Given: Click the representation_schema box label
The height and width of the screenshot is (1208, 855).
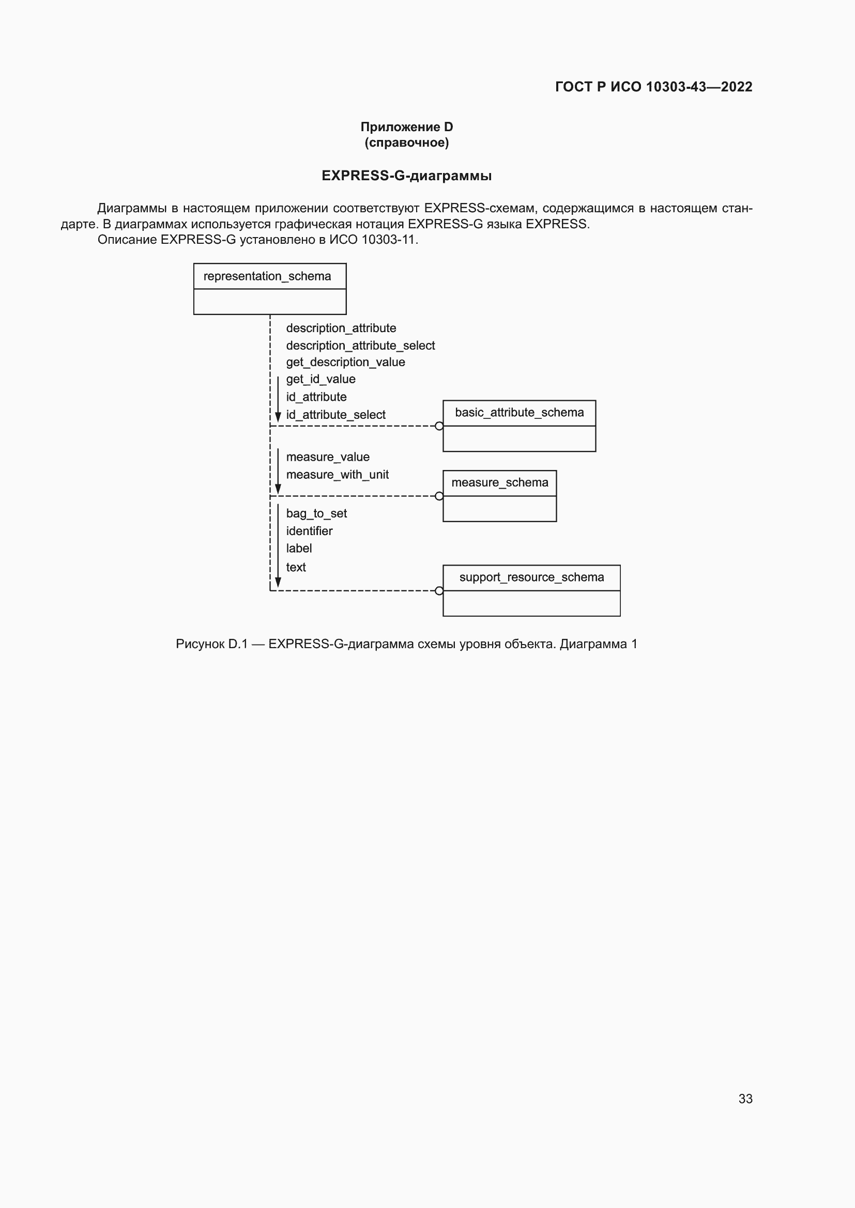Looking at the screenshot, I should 267,276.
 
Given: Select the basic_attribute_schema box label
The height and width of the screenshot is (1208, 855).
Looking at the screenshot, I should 519,413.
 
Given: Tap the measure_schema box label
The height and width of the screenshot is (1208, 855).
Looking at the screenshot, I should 500,482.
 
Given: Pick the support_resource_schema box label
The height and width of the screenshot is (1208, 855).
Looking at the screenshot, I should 531,577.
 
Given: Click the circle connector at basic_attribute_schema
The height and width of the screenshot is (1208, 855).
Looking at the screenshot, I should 439,426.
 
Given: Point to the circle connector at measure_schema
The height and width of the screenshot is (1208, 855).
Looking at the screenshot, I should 439,496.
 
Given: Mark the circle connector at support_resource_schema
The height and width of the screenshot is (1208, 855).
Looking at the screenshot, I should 439,591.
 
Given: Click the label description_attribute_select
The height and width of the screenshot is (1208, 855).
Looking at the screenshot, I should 360,346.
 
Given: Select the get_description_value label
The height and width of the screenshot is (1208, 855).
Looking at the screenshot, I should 345,362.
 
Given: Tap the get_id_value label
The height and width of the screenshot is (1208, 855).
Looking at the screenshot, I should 320,380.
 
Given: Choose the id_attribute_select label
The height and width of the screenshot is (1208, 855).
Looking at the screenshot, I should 336,415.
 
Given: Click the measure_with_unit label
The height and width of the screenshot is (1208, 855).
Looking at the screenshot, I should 337,475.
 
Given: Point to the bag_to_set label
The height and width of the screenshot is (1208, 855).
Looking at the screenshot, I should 316,513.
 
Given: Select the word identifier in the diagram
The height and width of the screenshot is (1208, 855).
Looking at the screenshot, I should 309,531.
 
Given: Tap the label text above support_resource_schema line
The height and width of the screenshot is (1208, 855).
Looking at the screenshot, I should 296,567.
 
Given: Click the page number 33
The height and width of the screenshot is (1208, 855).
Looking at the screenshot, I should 745,1099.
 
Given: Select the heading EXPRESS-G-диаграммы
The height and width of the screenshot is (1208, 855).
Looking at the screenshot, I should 406,176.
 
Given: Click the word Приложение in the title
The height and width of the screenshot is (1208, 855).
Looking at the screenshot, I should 400,127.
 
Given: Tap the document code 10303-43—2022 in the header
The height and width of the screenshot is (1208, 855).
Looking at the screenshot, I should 699,87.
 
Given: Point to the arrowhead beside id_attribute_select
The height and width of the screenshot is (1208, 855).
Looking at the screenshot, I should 278,418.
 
